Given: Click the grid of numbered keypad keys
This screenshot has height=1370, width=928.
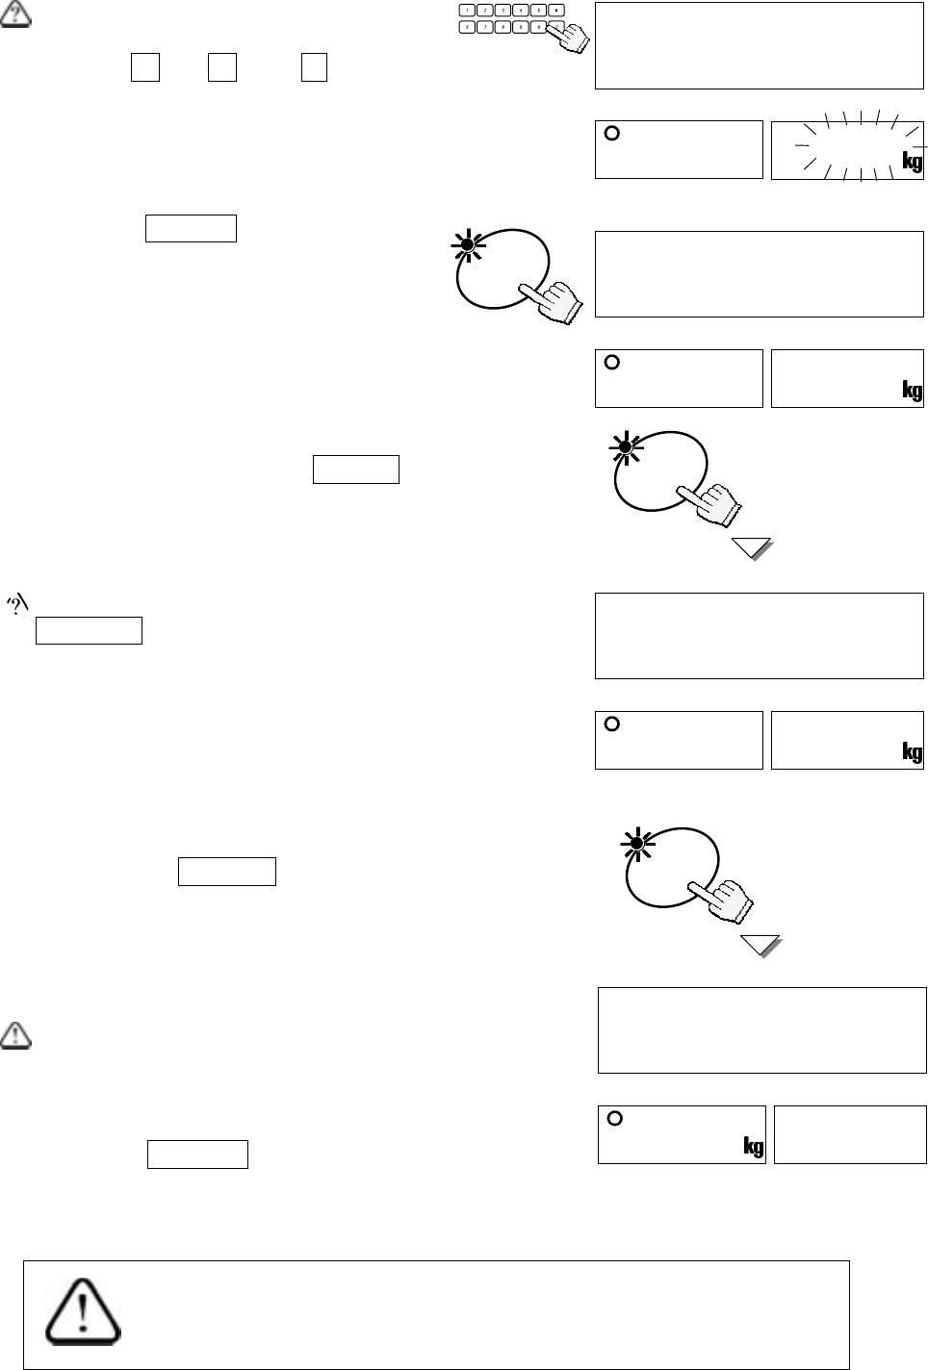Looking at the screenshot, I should click(508, 17).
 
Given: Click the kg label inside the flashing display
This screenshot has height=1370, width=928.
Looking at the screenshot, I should click(912, 161).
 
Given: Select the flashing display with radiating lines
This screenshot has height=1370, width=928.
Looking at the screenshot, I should click(847, 149).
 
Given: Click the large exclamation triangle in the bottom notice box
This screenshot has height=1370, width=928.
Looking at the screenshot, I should click(84, 1311).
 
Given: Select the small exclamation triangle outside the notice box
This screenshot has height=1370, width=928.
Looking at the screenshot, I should click(16, 1035).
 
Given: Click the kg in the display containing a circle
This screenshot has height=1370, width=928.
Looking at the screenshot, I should click(753, 1146).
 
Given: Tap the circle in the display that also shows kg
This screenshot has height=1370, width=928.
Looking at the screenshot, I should click(616, 1118).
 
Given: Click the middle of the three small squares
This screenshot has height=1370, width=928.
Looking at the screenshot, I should click(222, 67).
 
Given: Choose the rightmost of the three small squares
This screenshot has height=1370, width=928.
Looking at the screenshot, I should click(314, 67).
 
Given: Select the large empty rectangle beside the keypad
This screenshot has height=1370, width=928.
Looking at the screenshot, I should click(760, 45).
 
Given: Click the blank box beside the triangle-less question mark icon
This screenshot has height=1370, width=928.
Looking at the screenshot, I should click(89, 630).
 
